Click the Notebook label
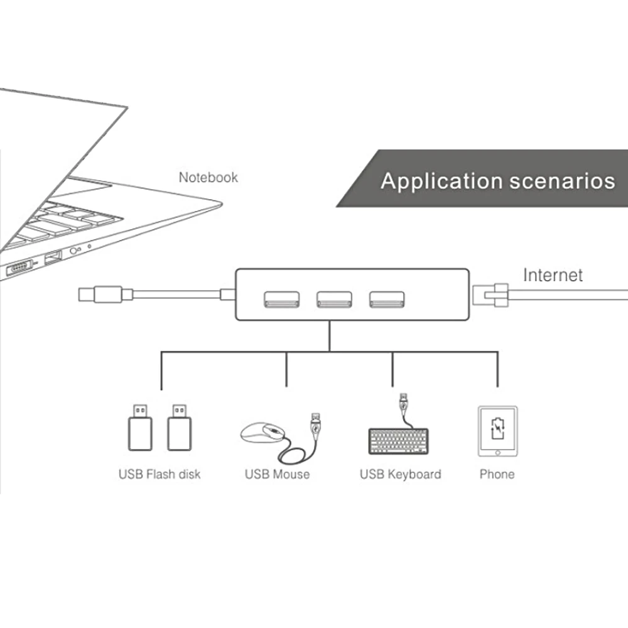coord(208,178)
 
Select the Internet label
coord(553,275)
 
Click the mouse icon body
coord(263,433)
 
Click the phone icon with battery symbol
coord(497,431)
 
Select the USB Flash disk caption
coord(160,474)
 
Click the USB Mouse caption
coord(277,474)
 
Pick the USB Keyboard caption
coord(400,474)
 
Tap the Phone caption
coord(497,474)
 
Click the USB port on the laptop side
coord(53,257)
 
